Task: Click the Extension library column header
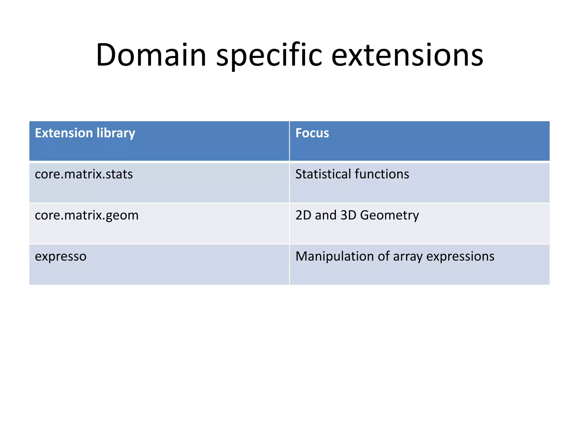(85, 133)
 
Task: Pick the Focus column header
(312, 133)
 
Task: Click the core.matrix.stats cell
(84, 174)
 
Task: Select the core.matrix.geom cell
(87, 216)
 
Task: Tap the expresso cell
(61, 257)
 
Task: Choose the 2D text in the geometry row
(303, 215)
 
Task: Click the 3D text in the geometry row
(348, 215)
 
